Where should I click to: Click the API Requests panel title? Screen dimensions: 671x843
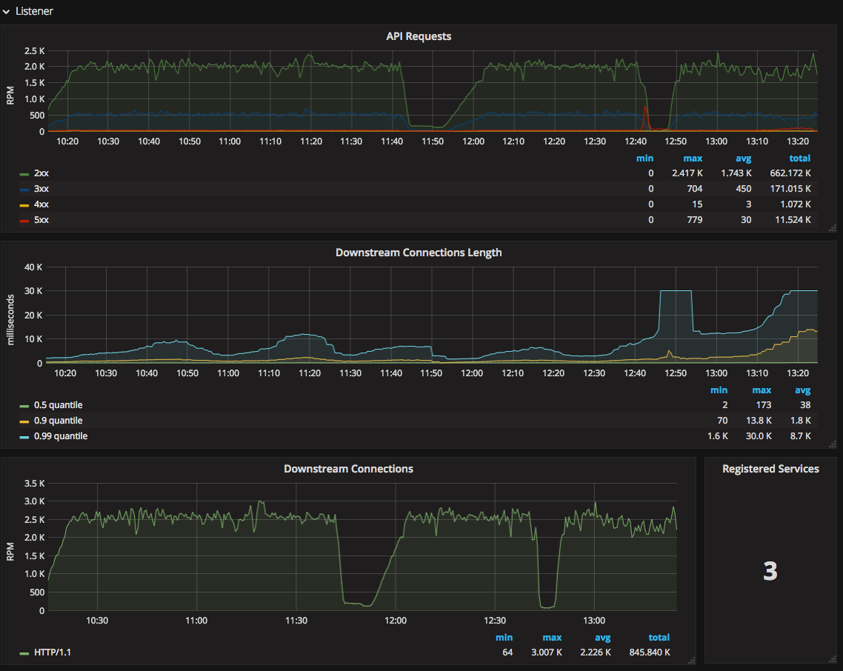click(x=419, y=36)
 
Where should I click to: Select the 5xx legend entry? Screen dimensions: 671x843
click(x=42, y=220)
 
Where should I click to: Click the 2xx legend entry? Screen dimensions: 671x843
click(x=42, y=173)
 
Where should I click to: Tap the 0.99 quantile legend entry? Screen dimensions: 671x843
click(x=61, y=436)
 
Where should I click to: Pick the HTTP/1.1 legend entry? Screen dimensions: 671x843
click(x=53, y=652)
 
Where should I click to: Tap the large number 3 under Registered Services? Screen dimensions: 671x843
click(x=770, y=571)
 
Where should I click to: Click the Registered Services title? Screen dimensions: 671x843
click(x=770, y=469)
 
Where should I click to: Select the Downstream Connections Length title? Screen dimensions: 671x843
click(x=419, y=253)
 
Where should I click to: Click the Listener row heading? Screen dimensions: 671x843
click(x=34, y=12)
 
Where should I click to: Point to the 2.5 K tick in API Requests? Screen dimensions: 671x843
click(x=35, y=51)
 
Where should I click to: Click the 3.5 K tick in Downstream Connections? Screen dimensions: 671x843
click(x=35, y=483)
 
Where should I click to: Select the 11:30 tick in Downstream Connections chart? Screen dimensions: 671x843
click(x=296, y=621)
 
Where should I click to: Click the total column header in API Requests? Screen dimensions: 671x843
click(x=799, y=158)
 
